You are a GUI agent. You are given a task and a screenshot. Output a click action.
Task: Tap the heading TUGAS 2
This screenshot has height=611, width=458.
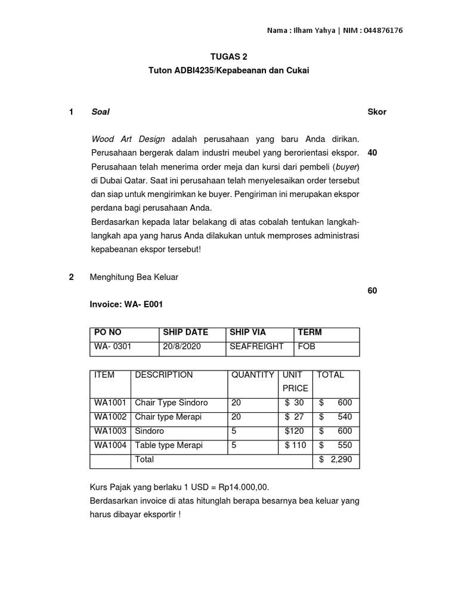(228, 57)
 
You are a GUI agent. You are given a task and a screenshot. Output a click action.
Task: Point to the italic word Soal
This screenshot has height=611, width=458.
(100, 112)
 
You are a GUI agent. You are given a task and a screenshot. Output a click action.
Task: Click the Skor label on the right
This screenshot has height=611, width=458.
(377, 112)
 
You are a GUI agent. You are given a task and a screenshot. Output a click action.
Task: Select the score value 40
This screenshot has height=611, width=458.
(373, 152)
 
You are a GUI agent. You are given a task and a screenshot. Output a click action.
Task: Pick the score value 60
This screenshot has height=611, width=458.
(373, 291)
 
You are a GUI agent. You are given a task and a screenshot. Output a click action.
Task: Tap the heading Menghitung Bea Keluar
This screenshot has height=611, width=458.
(134, 277)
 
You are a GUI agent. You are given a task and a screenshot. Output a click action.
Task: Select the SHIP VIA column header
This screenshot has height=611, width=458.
(247, 332)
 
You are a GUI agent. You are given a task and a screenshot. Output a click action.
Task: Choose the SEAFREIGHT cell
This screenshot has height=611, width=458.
(256, 346)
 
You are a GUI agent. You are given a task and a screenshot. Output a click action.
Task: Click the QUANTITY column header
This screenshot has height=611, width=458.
(253, 375)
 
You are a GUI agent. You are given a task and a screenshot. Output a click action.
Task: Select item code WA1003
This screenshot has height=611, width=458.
(110, 431)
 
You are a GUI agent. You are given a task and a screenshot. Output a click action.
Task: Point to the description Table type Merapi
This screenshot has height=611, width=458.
(169, 445)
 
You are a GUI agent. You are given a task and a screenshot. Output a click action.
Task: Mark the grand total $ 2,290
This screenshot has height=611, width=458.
(336, 459)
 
